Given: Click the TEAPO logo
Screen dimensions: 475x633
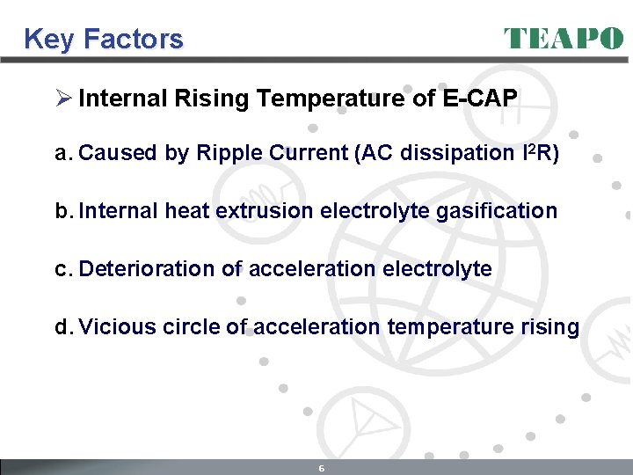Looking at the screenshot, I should click(x=564, y=39).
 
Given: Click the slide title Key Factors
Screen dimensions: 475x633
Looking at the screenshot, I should click(x=104, y=40).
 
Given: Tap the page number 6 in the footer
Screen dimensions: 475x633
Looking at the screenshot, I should click(x=322, y=468).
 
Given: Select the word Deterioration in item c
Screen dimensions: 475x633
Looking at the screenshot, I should click(x=147, y=269).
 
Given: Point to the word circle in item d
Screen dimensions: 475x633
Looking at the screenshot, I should click(x=199, y=327).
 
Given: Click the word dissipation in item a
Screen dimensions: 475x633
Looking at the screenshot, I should click(x=453, y=153).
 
